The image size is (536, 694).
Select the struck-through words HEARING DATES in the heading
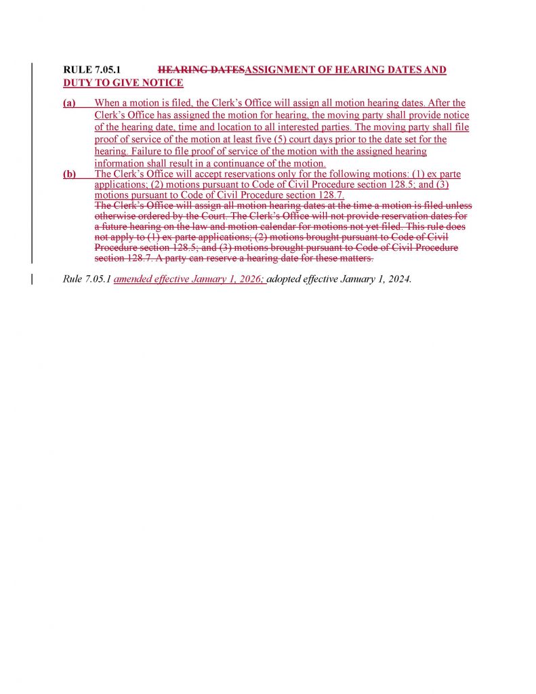(x=200, y=70)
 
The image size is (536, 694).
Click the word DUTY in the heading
(x=77, y=83)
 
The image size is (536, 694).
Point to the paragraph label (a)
(x=69, y=103)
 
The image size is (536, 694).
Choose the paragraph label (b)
(x=69, y=174)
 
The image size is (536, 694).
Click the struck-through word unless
(x=458, y=205)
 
